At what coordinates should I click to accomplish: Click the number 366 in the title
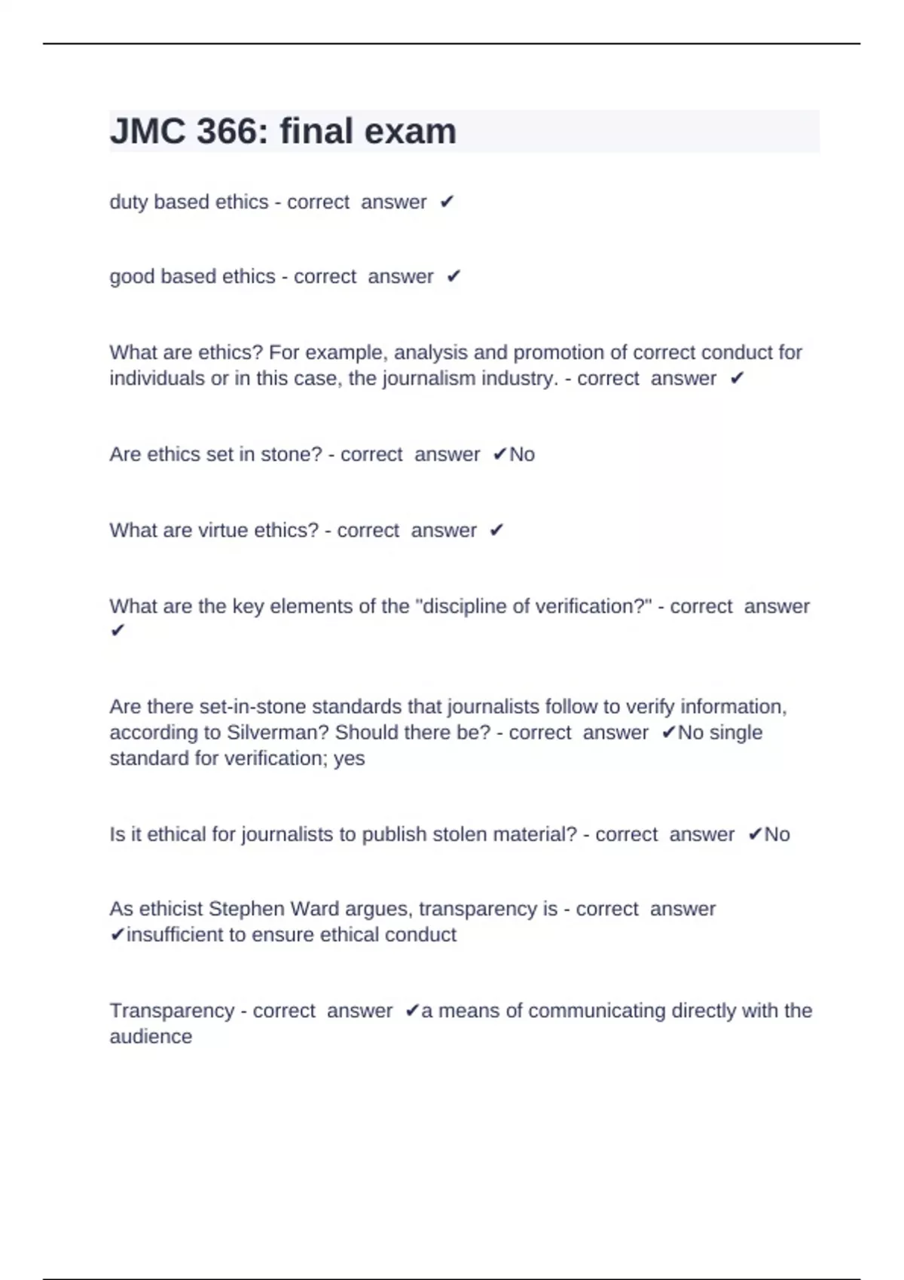tap(226, 132)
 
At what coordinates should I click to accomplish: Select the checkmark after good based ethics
tap(453, 277)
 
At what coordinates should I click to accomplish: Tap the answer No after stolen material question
tap(777, 835)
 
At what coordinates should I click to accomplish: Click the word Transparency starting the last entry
tap(172, 1011)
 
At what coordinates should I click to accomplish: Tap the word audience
tap(151, 1037)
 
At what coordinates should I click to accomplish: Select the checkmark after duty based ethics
tap(447, 203)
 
